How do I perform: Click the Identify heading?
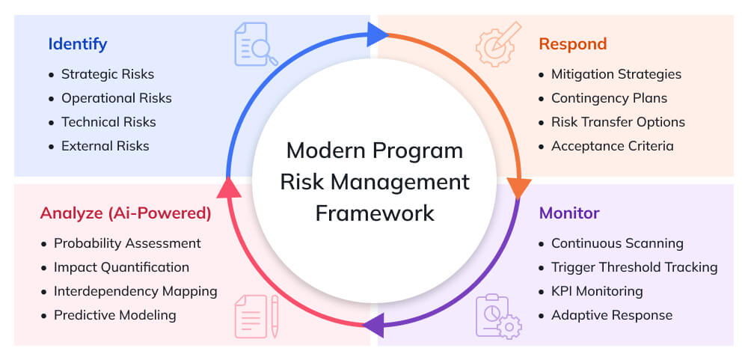78,43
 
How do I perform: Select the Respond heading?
572,43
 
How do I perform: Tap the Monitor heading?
569,213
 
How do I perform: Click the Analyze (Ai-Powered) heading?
126,213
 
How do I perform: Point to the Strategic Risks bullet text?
108,74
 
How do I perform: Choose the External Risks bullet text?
105,146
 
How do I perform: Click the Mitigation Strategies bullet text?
616,74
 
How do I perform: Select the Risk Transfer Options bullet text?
618,122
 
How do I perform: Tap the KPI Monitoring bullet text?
597,291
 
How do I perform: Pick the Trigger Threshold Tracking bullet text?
634,267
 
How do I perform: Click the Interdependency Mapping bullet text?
135,291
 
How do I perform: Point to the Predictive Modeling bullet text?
115,315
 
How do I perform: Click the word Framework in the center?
375,213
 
